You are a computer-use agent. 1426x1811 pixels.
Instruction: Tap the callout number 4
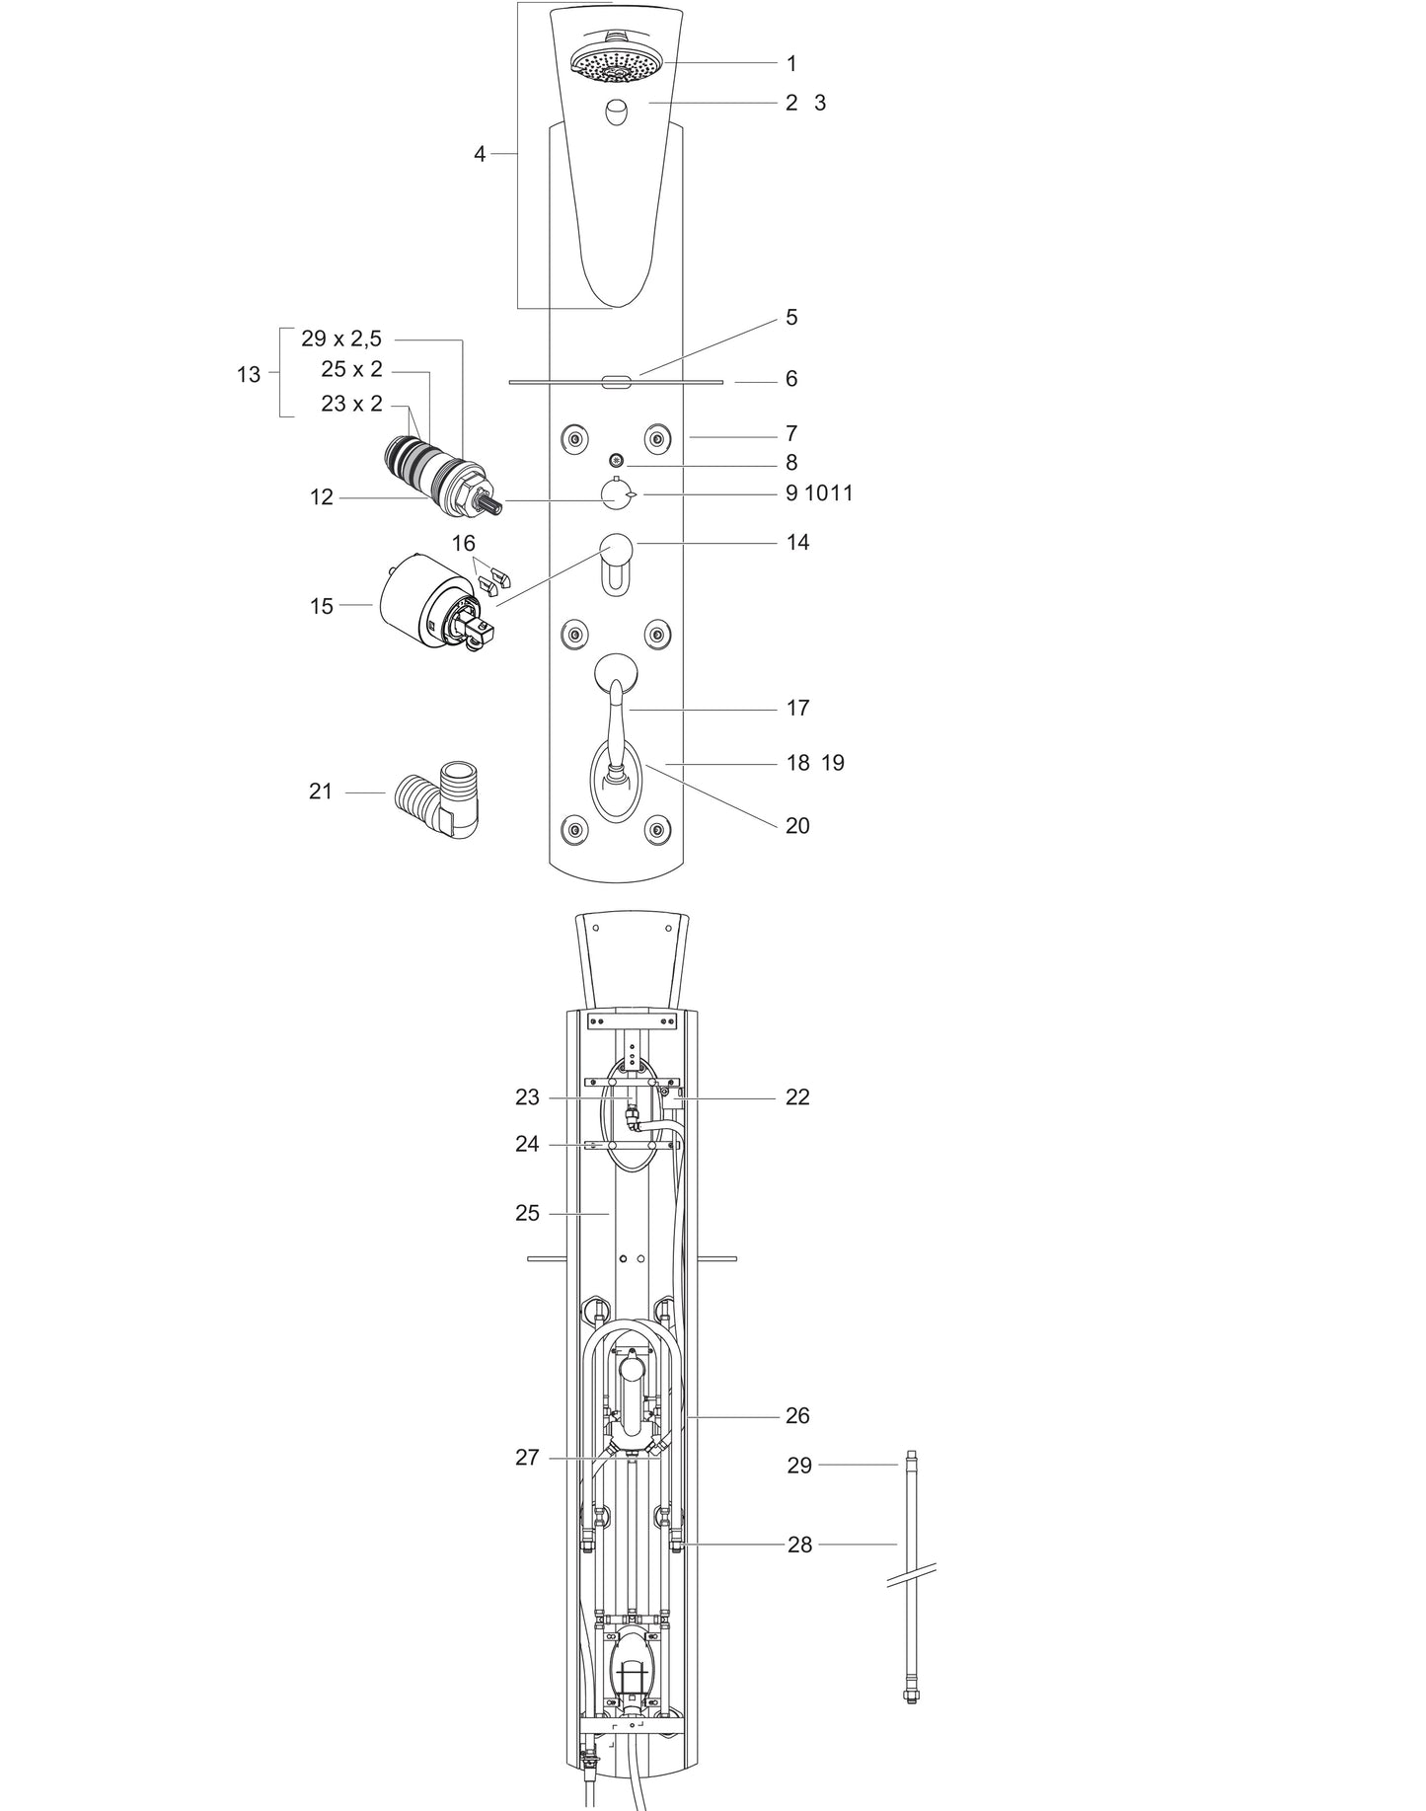480,154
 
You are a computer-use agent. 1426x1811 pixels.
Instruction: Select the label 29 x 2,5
341,340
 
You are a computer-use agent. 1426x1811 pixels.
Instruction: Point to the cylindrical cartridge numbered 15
426,604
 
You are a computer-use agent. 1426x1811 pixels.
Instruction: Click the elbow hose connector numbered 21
436,798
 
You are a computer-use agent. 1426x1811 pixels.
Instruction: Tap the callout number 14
797,542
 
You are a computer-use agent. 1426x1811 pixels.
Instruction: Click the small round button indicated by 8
617,460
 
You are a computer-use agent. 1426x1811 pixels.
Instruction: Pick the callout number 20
797,826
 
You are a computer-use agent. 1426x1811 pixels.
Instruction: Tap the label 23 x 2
351,404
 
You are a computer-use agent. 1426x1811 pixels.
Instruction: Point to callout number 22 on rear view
797,1097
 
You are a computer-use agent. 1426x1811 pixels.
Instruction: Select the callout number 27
528,1458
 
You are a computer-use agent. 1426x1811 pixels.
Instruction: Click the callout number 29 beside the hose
799,1466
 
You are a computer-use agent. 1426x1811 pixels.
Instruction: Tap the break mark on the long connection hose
911,1576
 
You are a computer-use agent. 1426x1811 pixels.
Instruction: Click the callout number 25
528,1213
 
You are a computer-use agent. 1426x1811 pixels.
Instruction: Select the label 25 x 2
351,370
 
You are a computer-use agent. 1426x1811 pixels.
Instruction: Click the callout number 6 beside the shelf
791,379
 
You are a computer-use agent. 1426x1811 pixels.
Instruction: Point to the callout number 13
249,375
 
